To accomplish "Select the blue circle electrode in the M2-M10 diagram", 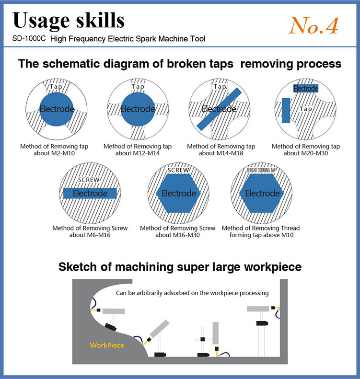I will click(57, 109).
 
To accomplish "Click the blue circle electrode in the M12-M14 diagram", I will click(138, 109).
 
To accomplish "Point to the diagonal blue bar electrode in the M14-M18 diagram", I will click(220, 109).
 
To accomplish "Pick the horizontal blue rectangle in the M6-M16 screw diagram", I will click(90, 194).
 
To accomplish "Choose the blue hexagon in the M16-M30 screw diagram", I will click(178, 194).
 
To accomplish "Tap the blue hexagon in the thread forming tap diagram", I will click(262, 194).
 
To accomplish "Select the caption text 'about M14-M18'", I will click(221, 153).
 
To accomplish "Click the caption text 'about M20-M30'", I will click(305, 153).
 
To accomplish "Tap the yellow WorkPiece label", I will click(107, 345).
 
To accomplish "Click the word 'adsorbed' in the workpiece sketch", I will click(189, 292).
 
